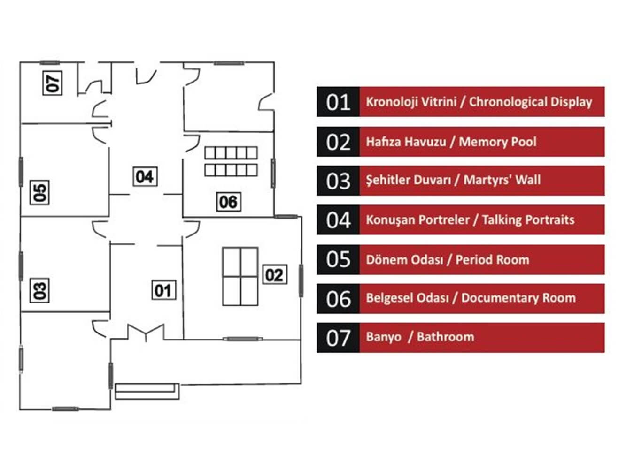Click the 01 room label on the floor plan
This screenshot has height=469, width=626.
tap(163, 291)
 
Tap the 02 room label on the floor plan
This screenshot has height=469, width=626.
tap(274, 274)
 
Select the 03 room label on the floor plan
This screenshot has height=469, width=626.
tap(41, 290)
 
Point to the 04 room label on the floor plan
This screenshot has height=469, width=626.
tap(144, 177)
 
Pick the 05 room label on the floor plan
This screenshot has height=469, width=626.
tap(40, 192)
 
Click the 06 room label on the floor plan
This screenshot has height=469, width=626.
tap(228, 202)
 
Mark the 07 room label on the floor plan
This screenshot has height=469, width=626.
tap(53, 82)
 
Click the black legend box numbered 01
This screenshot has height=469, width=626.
tap(338, 102)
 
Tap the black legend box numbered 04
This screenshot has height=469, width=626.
tap(338, 220)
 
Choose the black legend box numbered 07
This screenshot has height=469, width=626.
tap(338, 338)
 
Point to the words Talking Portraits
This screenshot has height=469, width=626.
tap(528, 220)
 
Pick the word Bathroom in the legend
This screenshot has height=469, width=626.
tap(445, 337)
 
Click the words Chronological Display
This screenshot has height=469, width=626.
tap(530, 102)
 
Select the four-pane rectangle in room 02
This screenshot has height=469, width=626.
tap(240, 277)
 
